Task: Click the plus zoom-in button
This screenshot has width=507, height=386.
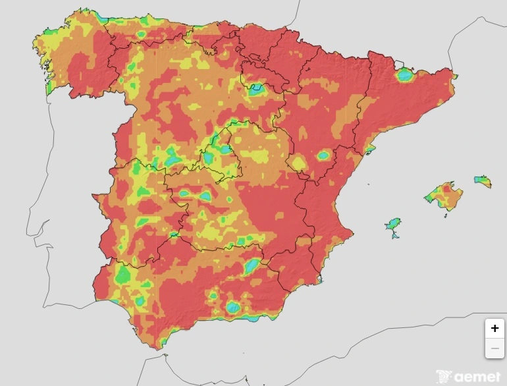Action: [494, 328]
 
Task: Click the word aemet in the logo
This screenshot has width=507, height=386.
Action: [478, 377]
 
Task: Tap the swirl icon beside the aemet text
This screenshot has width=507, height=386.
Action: [445, 376]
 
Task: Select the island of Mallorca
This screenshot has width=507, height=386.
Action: [444, 196]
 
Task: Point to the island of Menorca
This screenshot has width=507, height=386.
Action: [483, 180]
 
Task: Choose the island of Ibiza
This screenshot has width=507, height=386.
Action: [394, 225]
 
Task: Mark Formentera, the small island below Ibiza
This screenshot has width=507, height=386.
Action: [395, 236]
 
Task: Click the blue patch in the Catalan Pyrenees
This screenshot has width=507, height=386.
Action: [404, 75]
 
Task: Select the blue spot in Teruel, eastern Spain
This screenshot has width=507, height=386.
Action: [323, 156]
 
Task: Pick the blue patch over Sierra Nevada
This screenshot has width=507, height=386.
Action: [233, 307]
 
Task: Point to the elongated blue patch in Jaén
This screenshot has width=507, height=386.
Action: [252, 267]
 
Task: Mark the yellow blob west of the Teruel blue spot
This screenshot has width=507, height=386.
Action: [299, 163]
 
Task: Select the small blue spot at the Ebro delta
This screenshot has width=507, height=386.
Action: [370, 150]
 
